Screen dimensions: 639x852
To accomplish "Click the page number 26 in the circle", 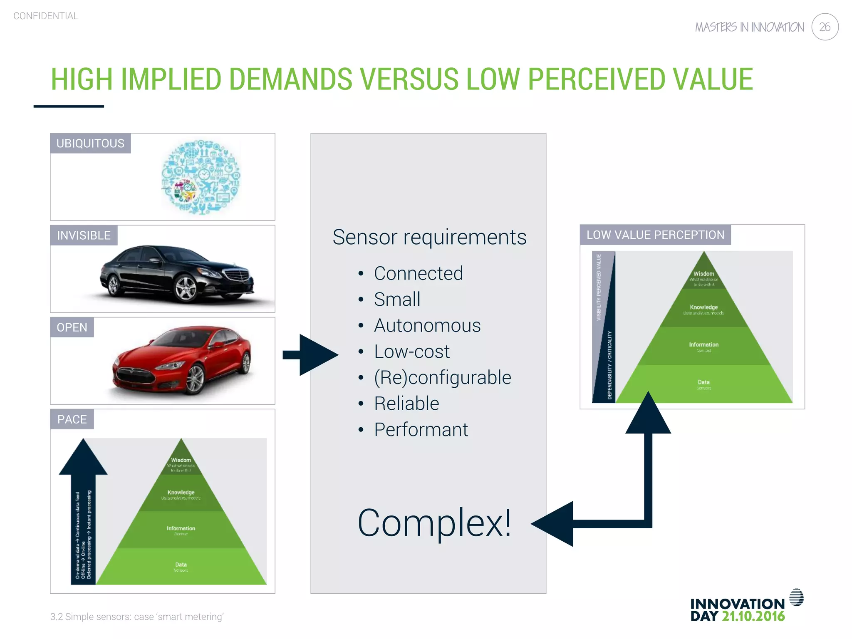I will [825, 27].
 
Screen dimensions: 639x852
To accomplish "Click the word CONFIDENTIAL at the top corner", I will [46, 16].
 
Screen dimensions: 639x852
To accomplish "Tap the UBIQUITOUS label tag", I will [90, 144].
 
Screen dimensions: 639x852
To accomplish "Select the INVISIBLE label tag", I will [84, 235].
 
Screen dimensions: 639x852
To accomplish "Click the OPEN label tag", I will [72, 327].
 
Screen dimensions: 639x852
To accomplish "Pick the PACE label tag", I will [72, 419].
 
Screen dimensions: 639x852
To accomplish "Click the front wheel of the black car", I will [186, 288].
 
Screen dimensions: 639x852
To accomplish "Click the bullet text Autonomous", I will [427, 325].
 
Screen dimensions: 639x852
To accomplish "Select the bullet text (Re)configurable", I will [442, 377].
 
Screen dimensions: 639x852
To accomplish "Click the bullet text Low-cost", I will [411, 352].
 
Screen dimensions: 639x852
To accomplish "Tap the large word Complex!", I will [434, 523].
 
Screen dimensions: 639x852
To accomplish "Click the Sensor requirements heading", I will [429, 237].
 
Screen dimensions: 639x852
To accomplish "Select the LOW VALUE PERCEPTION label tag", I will [655, 235].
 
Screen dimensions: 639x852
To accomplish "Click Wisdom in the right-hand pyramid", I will [703, 274].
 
